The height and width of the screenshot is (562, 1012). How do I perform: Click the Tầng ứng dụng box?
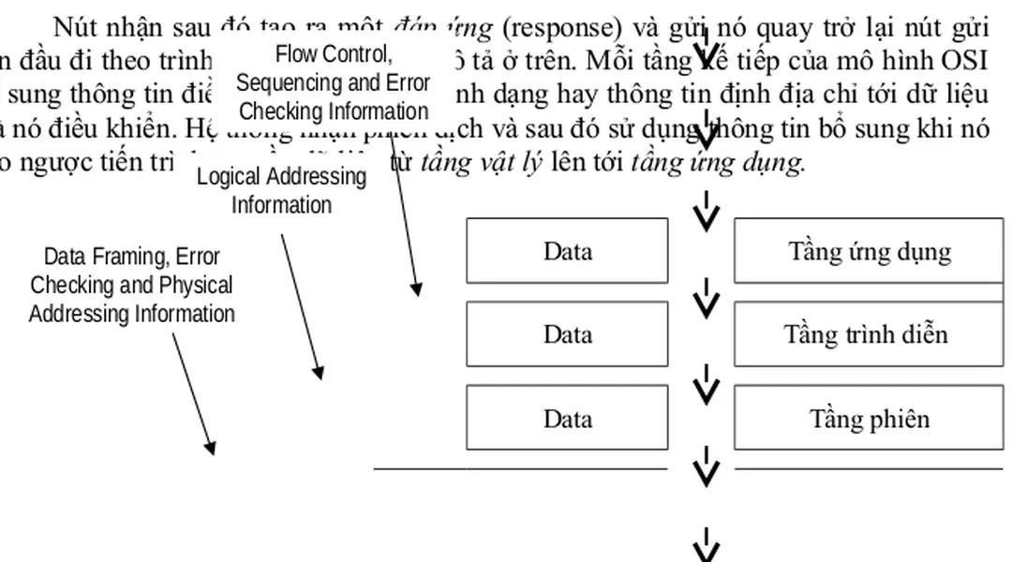click(x=868, y=251)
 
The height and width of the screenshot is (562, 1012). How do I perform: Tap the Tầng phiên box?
click(x=868, y=418)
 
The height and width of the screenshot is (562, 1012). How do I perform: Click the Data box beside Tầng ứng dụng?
click(x=567, y=251)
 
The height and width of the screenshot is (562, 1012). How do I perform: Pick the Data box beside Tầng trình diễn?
click(x=567, y=334)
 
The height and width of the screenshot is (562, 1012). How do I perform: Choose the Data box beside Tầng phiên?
click(x=567, y=418)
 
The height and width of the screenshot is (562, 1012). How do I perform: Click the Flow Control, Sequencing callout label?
click(x=333, y=82)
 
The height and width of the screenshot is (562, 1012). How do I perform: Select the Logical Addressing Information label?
click(x=281, y=190)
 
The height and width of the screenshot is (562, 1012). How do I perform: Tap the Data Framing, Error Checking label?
click(x=131, y=285)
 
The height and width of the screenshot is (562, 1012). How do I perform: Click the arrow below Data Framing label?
click(x=194, y=393)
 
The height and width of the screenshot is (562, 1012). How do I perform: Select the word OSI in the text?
click(x=966, y=61)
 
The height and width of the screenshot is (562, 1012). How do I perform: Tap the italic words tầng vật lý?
click(x=481, y=163)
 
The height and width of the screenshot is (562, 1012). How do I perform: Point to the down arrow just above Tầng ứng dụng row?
click(x=706, y=212)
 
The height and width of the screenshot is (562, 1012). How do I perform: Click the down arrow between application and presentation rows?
click(x=706, y=298)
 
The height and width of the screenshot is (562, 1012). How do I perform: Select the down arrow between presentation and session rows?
click(x=706, y=382)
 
